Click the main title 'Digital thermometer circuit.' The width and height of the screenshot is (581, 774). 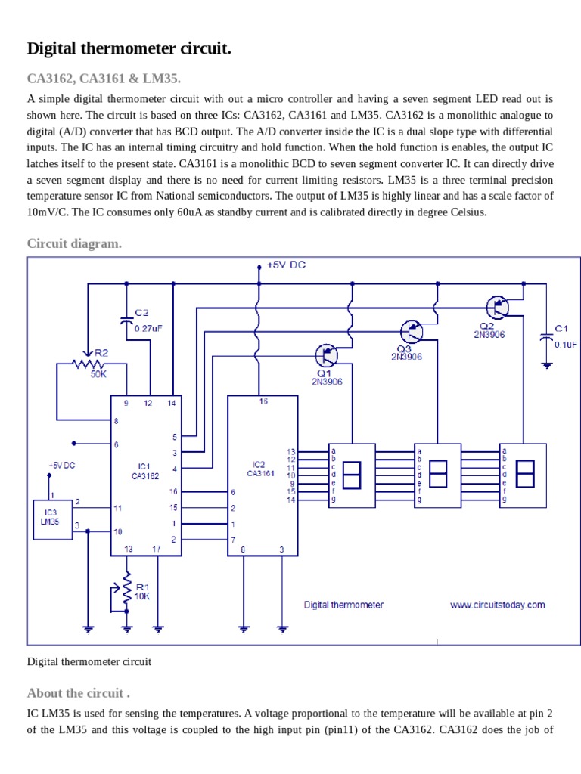[129, 49]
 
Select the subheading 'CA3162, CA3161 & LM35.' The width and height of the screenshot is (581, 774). [104, 79]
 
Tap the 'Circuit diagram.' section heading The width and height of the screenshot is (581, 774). [74, 243]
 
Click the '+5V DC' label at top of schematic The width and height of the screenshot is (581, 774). [286, 265]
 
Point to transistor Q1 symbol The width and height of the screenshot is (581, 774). [327, 354]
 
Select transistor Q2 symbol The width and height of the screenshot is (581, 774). [498, 307]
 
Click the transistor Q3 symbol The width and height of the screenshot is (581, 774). [412, 331]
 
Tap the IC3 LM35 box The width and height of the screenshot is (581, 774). [49, 519]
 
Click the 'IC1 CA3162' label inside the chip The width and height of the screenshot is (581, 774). [144, 471]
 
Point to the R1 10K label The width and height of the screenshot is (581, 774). [141, 591]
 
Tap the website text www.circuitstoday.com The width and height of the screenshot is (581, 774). [497, 605]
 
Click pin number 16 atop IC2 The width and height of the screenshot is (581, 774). [263, 402]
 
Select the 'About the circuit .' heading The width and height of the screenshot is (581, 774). [78, 693]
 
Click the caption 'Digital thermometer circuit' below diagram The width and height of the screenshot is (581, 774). [89, 661]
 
